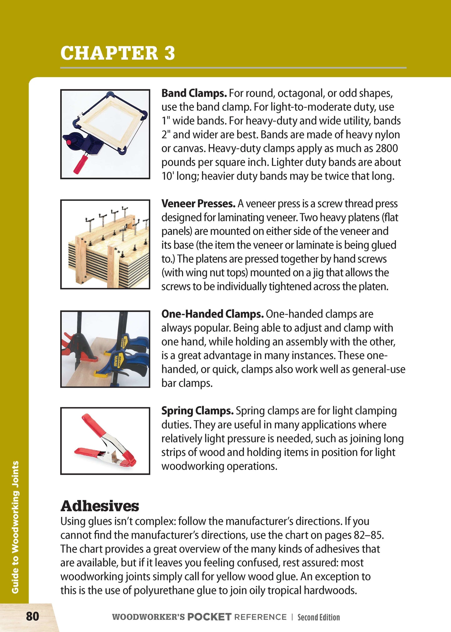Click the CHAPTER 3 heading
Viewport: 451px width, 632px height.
(x=118, y=53)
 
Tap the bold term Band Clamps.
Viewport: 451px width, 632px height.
(x=194, y=93)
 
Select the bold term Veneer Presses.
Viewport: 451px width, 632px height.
(x=198, y=204)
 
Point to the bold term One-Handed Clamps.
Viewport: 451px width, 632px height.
(x=213, y=314)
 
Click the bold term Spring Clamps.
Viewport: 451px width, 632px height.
(x=197, y=411)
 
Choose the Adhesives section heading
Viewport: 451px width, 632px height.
(x=100, y=506)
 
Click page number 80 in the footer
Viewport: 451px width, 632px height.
(x=32, y=617)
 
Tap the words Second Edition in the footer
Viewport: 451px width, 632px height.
(x=318, y=617)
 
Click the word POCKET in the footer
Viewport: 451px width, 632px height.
(x=209, y=617)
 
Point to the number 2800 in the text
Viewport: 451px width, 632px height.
(x=387, y=148)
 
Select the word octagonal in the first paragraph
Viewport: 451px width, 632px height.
(x=299, y=93)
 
